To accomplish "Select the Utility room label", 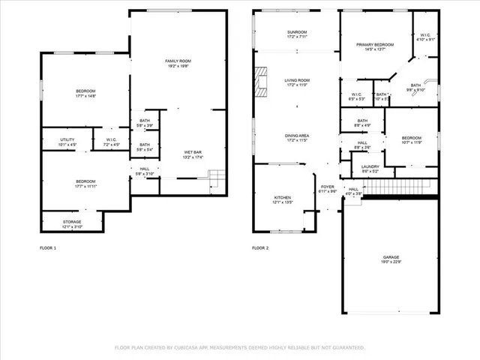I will pos(67,140).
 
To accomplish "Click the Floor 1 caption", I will pos(48,247).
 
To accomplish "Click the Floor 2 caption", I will pos(260,247).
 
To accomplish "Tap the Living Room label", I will pos(297,82).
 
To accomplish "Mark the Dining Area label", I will pos(297,137).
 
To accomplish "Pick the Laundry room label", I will pos(370,169).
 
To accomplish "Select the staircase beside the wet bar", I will pos(216,178).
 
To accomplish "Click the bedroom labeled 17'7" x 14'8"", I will pos(85,93).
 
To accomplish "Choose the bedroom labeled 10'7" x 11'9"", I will pos(411,140).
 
